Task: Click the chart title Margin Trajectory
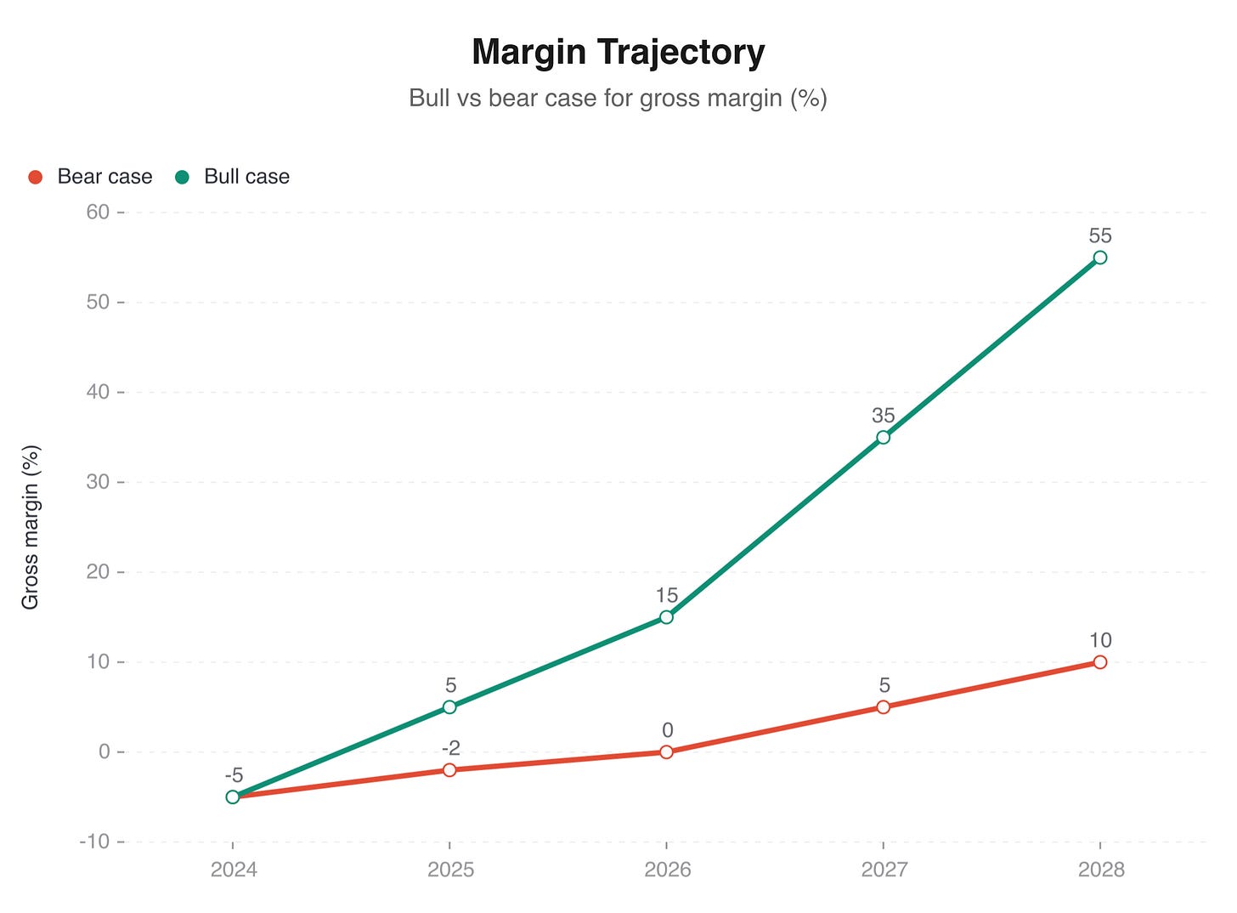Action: tap(618, 52)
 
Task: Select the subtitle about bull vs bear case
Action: tap(618, 98)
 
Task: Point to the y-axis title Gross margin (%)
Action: tap(31, 527)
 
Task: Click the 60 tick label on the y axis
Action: tap(98, 212)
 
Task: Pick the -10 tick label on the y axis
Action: tap(94, 842)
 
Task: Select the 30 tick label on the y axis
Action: tap(98, 482)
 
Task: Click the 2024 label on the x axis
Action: tap(232, 870)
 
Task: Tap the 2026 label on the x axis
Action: tap(666, 870)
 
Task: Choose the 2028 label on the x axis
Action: tap(1100, 870)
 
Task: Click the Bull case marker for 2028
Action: tap(1100, 258)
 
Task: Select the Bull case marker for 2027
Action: tap(884, 437)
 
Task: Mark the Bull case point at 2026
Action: tap(666, 617)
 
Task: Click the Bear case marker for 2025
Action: tap(449, 770)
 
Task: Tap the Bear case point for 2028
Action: tap(1100, 662)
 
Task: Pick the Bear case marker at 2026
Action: tap(666, 752)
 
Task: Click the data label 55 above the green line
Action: tap(1100, 235)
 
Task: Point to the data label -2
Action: tap(450, 748)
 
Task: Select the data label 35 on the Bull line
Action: tap(884, 416)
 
